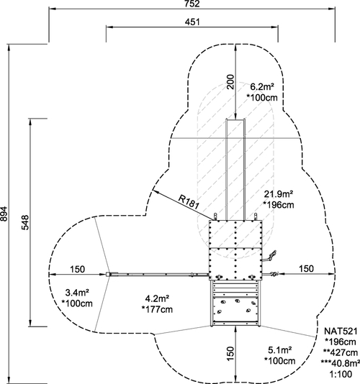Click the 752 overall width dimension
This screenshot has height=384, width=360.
pyautogui.click(x=192, y=4)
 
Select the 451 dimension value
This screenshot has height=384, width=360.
pyautogui.click(x=192, y=22)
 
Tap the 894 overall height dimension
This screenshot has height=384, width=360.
pyautogui.click(x=4, y=214)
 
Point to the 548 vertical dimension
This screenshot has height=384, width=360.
pyautogui.click(x=25, y=222)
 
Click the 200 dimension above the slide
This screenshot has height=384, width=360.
pyautogui.click(x=230, y=82)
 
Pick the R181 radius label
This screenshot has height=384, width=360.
pyautogui.click(x=188, y=202)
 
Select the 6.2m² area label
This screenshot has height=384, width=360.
pyautogui.click(x=262, y=87)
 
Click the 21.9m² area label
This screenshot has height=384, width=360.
pyautogui.click(x=279, y=194)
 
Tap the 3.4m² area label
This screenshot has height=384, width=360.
pyautogui.click(x=77, y=293)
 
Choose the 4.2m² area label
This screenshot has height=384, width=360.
pyautogui.click(x=157, y=298)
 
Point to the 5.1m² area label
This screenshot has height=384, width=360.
pyautogui.click(x=280, y=350)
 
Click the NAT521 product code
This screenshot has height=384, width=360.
pyautogui.click(x=341, y=331)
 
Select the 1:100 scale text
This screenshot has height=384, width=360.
pyautogui.click(x=341, y=374)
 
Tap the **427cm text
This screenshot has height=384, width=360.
pyautogui.click(x=341, y=352)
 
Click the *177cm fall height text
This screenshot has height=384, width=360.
pyautogui.click(x=157, y=309)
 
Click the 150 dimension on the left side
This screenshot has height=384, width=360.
pyautogui.click(x=78, y=270)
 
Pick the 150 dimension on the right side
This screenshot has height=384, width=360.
pyautogui.click(x=306, y=269)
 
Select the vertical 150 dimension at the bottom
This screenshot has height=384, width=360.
pyautogui.click(x=230, y=353)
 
